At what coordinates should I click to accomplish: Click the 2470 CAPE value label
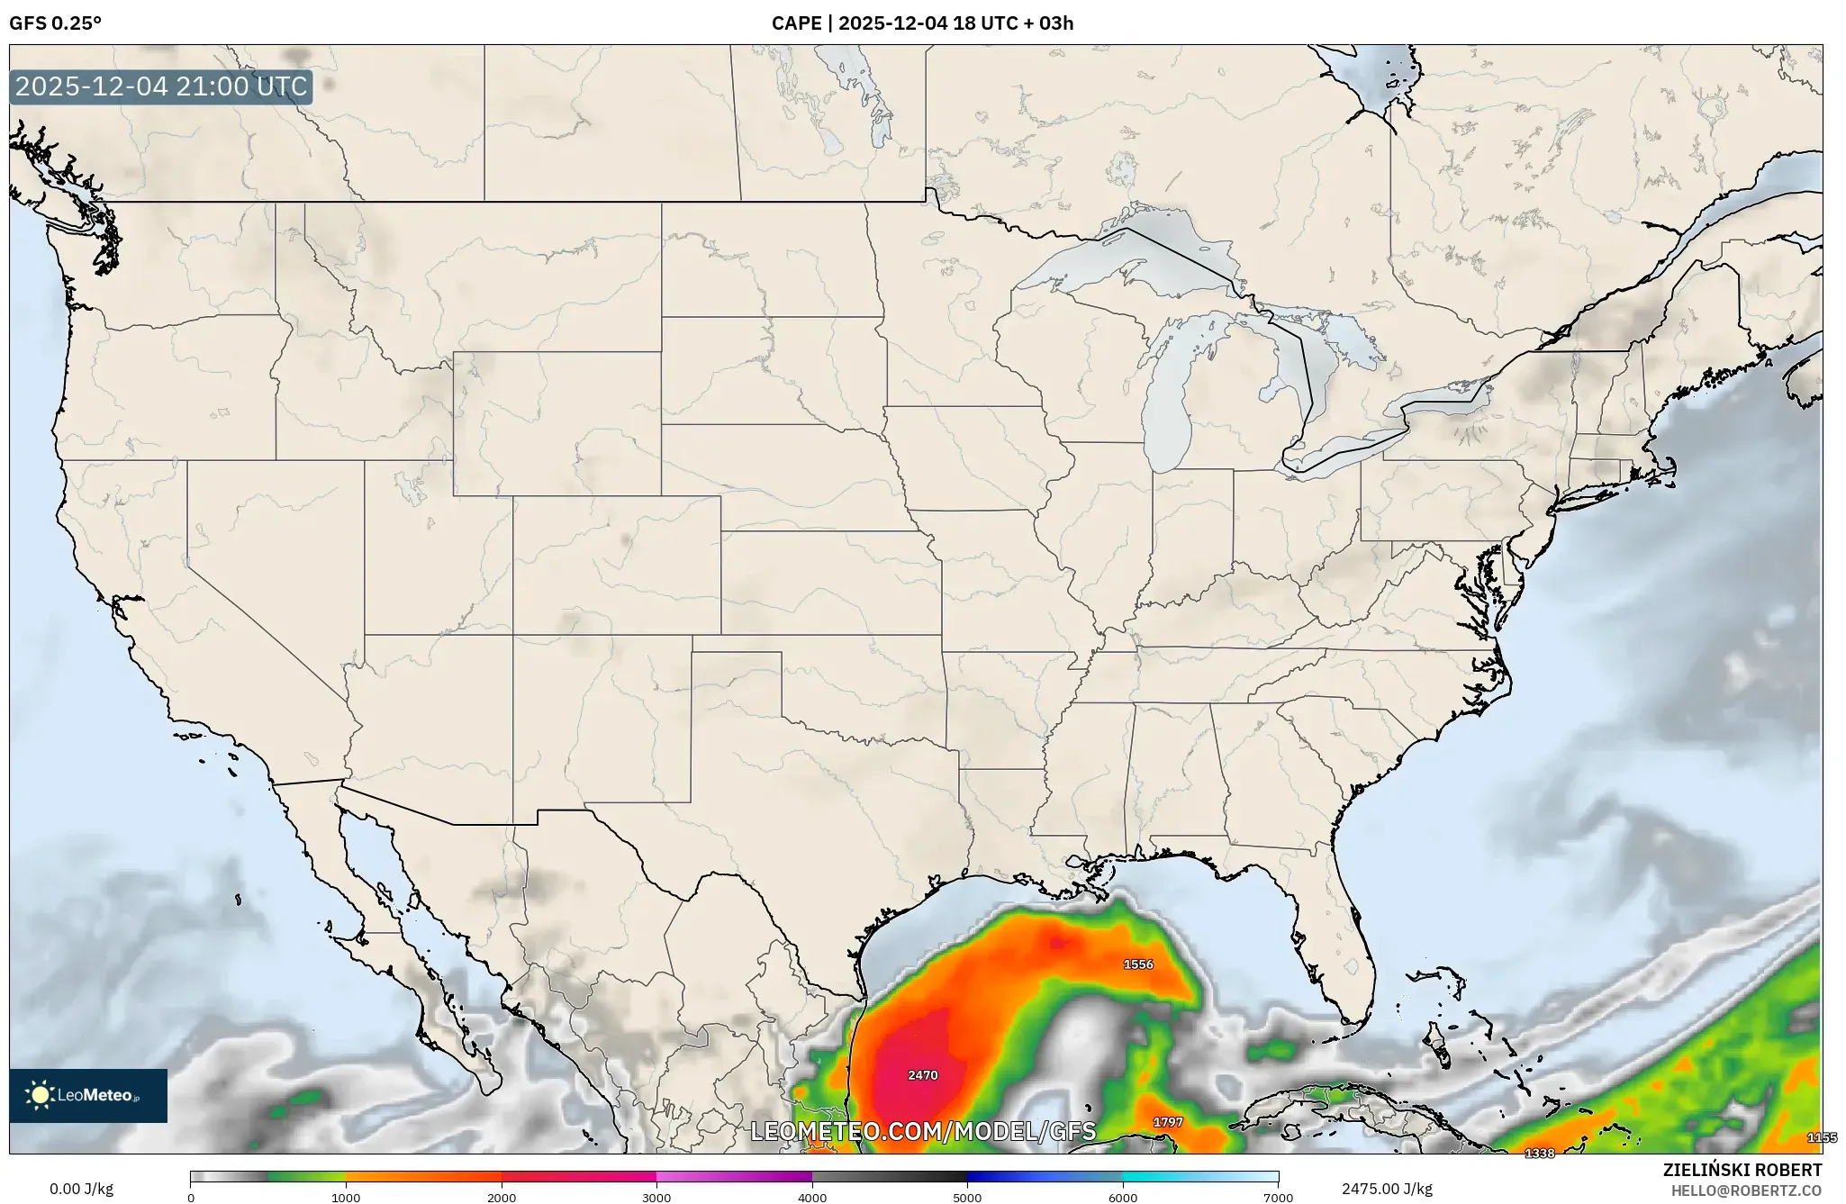click(x=923, y=1075)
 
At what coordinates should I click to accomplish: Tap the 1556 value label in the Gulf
click(x=1138, y=964)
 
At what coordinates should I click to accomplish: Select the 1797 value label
click(x=1168, y=1122)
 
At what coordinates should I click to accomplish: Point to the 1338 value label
click(x=1539, y=1154)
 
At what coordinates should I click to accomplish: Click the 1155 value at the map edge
click(x=1822, y=1138)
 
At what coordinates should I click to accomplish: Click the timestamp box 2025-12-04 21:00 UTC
click(x=161, y=87)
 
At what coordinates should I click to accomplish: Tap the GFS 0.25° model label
click(x=55, y=23)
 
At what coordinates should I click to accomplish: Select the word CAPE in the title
click(x=795, y=23)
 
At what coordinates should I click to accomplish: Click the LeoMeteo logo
click(x=88, y=1096)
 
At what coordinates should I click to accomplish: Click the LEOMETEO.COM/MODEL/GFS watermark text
click(x=923, y=1132)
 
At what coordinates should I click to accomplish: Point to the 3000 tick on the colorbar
click(x=656, y=1198)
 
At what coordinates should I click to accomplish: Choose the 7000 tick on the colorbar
click(x=1278, y=1198)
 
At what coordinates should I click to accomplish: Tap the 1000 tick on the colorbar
click(x=346, y=1198)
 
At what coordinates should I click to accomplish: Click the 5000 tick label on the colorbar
click(x=967, y=1198)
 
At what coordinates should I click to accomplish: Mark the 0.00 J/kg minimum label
click(x=82, y=1189)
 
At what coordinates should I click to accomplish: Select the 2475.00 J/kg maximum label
click(x=1387, y=1189)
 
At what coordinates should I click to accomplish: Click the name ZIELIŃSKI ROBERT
click(x=1742, y=1170)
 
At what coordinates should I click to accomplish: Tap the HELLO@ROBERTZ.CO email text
click(x=1746, y=1190)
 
